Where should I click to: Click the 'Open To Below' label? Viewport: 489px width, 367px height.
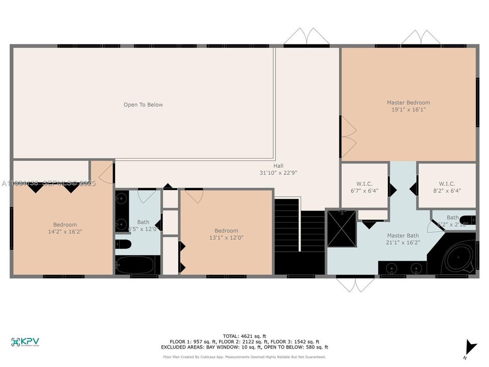(143, 105)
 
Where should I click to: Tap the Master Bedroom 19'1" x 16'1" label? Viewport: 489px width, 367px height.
(408, 106)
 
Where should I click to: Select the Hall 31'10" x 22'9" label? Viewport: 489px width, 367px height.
(278, 169)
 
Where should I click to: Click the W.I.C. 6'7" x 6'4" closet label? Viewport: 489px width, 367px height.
(364, 187)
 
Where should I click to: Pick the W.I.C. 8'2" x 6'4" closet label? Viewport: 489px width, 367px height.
(447, 187)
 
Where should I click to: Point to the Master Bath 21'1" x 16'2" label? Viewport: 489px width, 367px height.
(402, 239)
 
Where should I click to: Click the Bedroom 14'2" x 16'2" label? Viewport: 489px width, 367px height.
(65, 228)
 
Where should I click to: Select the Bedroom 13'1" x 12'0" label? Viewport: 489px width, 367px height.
(226, 234)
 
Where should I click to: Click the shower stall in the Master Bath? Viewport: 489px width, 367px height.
(341, 228)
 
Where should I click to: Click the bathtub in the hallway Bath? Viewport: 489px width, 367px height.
(137, 265)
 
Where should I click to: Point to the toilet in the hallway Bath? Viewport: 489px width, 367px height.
(123, 245)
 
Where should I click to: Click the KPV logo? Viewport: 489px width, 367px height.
(25, 342)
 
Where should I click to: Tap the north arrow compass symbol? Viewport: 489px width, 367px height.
(472, 348)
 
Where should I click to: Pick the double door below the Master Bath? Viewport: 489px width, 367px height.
(355, 284)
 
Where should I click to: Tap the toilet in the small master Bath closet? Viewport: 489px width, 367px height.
(467, 220)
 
